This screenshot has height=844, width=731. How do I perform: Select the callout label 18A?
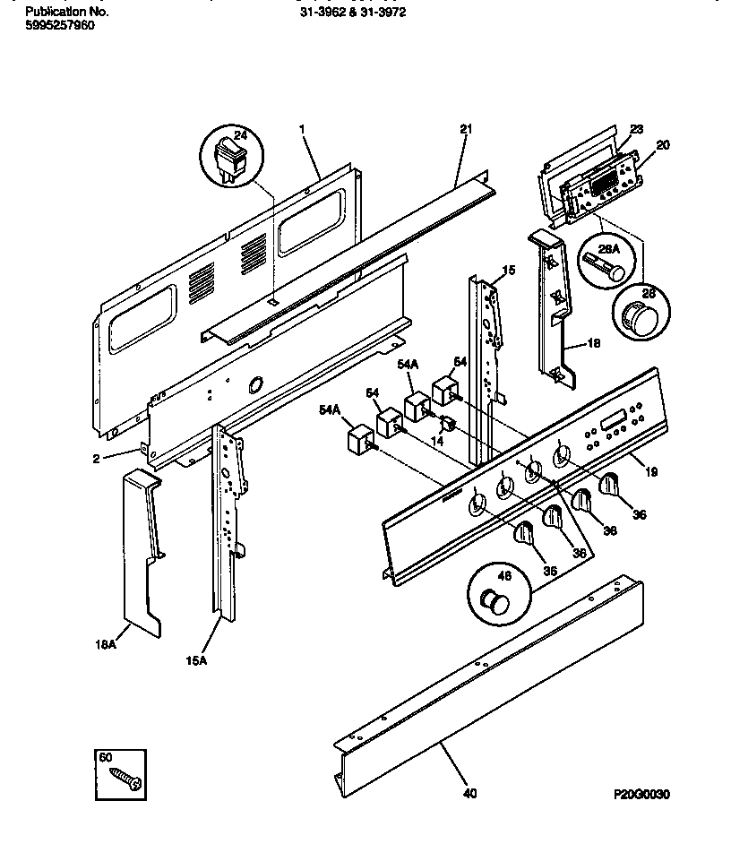pos(106,644)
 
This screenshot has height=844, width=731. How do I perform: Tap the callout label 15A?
pos(196,661)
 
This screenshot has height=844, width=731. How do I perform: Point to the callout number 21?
pos(465,130)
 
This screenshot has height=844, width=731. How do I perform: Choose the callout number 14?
pos(438,442)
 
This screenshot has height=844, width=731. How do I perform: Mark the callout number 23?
pos(637,129)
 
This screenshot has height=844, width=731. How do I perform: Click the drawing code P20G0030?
pos(641,795)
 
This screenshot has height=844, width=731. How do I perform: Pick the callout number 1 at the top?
pos(302,130)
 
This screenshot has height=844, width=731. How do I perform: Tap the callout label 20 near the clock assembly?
pos(663,144)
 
